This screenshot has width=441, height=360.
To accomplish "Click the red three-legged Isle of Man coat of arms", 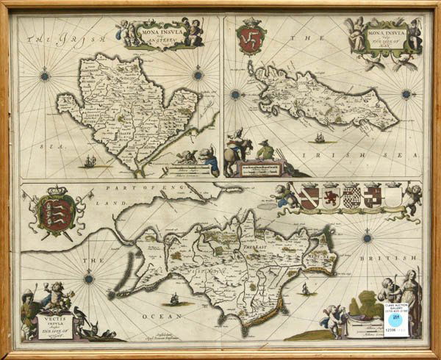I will pyautogui.click(x=251, y=38).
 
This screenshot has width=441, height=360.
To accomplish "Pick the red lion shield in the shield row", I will pyautogui.click(x=331, y=196).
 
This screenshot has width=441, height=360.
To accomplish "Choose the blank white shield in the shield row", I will pyautogui.click(x=393, y=196).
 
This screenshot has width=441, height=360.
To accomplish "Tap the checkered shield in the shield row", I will pyautogui.click(x=351, y=196).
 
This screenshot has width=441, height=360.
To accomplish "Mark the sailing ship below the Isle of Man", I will pyautogui.click(x=321, y=137).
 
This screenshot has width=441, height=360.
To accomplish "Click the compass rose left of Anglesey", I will pyautogui.click(x=46, y=75).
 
